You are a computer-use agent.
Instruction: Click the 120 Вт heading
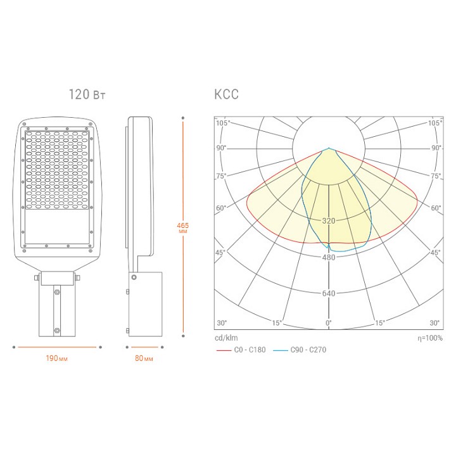pos(87,95)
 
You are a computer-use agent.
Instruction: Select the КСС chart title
pos(226,95)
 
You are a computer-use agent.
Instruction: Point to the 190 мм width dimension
pos(57,358)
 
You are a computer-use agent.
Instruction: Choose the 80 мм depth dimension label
pos(144,358)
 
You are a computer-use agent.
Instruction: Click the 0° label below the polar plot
pos(328,323)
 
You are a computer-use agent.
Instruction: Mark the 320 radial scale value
pos(328,221)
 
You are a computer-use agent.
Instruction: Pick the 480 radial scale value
pos(328,257)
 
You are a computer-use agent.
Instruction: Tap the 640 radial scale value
pos(328,293)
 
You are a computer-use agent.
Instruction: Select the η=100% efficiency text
pos(430,338)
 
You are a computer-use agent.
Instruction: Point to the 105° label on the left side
pos(222,123)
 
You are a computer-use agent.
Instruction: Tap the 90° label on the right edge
pos(436,148)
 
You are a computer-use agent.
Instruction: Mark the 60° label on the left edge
pos(221,208)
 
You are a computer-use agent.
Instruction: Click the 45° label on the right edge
pos(436,253)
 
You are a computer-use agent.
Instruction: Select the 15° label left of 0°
pos(277,323)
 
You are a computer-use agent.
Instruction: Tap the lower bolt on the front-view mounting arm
pos(57,330)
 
